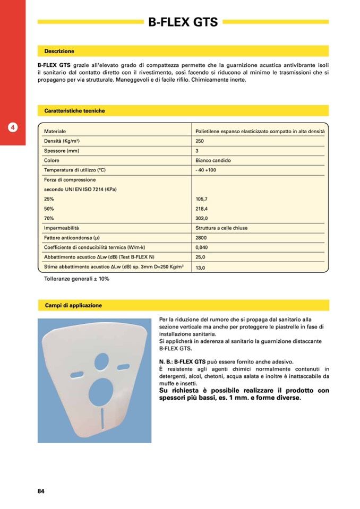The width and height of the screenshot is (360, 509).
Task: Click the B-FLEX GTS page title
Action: [183, 22]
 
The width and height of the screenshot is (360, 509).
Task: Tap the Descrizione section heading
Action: [59, 51]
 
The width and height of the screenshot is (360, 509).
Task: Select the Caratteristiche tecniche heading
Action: [74, 111]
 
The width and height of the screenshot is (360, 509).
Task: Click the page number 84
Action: [41, 490]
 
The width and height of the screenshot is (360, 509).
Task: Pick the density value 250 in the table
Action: [200, 141]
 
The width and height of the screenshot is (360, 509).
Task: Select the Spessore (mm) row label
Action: [62, 151]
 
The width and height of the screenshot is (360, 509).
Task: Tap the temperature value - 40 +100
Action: [206, 170]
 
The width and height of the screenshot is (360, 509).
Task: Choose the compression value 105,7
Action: [202, 199]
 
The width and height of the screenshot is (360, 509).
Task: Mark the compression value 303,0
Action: [202, 218]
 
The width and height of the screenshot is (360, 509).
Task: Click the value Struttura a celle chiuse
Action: [221, 228]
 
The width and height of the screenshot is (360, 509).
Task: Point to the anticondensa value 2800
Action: [201, 238]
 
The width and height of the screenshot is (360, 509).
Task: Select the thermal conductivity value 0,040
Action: [202, 247]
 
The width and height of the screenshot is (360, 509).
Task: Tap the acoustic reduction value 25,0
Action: [201, 257]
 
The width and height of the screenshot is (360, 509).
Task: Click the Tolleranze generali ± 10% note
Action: [76, 279]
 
